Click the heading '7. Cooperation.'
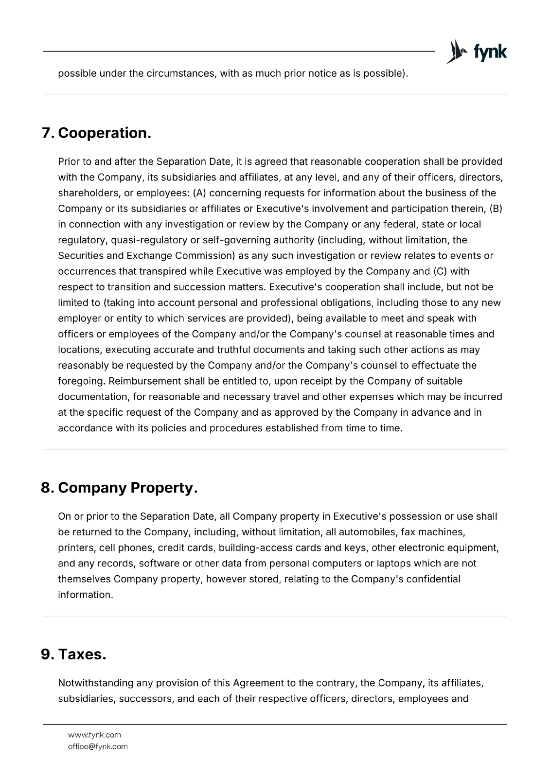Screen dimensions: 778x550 (96, 133)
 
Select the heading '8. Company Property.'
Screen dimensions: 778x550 (119, 488)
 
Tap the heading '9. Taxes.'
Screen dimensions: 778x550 (73, 654)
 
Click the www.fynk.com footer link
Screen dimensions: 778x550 (94, 735)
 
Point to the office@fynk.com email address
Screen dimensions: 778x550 (98, 746)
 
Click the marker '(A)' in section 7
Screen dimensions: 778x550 (199, 193)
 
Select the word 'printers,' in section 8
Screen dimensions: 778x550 (76, 548)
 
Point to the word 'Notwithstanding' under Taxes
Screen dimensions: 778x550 (95, 683)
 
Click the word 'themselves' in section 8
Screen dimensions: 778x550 (84, 579)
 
